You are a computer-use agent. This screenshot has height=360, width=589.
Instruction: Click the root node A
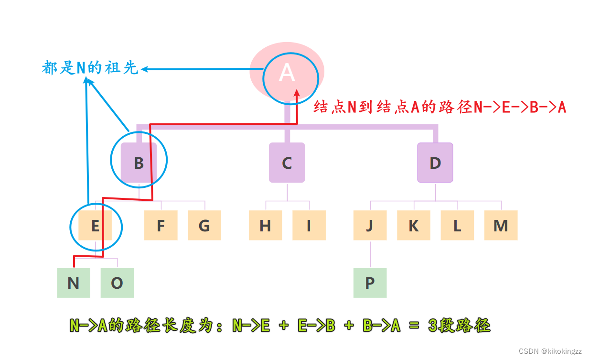point(287,73)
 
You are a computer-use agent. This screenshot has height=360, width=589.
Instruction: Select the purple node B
point(139,163)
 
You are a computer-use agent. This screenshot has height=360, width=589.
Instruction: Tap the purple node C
point(287,163)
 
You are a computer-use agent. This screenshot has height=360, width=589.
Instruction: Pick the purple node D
point(435,163)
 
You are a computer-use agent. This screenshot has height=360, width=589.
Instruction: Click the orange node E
point(95,225)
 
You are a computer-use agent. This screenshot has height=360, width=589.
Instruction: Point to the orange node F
point(161,225)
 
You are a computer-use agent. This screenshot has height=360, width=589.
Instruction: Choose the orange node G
point(204,225)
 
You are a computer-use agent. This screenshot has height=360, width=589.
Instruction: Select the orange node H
point(265,225)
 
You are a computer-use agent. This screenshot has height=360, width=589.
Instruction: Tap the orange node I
point(309,225)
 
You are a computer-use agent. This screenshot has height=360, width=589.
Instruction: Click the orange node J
point(370,225)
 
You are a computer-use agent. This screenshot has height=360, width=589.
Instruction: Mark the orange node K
point(414,225)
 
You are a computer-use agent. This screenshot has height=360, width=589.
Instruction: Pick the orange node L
point(457,225)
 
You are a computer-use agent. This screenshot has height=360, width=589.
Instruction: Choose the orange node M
point(501,225)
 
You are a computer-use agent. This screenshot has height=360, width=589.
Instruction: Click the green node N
point(74,283)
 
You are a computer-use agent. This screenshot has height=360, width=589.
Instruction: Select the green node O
point(117,283)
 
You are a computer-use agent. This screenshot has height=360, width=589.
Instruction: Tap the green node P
point(370,283)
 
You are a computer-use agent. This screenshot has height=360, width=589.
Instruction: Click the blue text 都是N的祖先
point(90,68)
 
